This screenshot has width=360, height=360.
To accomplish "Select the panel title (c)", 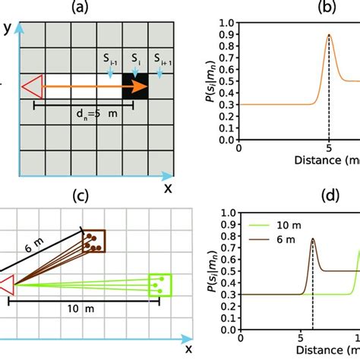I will [x=78, y=195].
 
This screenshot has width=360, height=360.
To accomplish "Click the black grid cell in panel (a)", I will [x=135, y=86].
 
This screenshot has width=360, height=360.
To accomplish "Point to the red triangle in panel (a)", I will [x=31, y=86].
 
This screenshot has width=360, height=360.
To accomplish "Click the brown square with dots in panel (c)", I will [x=94, y=241].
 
